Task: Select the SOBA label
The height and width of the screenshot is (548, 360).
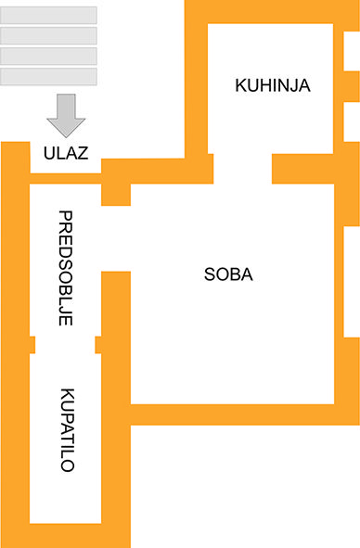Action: (228, 274)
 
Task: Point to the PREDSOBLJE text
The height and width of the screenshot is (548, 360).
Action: (66, 268)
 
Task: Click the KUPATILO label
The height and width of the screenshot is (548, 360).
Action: (66, 430)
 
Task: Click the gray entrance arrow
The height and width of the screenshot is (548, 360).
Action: (66, 114)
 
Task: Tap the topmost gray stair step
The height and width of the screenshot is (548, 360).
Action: (48, 14)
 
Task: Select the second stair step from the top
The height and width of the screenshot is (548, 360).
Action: (48, 35)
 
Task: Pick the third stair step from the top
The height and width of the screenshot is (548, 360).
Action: (48, 56)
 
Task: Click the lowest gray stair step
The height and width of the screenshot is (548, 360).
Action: (48, 76)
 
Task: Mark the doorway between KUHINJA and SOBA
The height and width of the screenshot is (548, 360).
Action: (242, 168)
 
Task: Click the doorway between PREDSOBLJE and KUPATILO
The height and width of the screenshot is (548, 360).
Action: (65, 345)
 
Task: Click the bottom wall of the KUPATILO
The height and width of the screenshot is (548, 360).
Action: (67, 535)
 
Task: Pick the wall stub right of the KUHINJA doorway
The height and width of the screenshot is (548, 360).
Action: (302, 169)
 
